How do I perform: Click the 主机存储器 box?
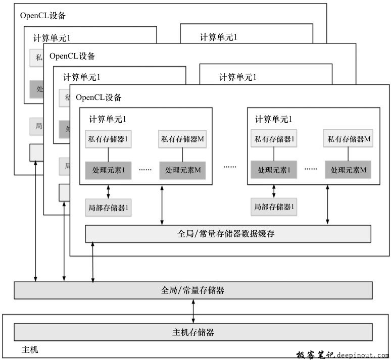[193, 332]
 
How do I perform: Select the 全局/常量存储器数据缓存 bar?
[228, 234]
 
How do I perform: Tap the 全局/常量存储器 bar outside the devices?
[193, 290]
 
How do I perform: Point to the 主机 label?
[30, 349]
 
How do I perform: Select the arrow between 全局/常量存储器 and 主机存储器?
[193, 311]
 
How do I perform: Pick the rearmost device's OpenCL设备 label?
[43, 15]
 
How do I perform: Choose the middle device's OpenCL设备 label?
[72, 56]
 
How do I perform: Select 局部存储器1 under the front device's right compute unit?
[274, 207]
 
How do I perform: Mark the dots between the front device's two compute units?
[230, 167]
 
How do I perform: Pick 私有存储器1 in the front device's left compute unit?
[108, 139]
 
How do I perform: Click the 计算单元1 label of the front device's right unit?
[273, 119]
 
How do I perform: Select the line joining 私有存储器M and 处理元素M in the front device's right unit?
[349, 154]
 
